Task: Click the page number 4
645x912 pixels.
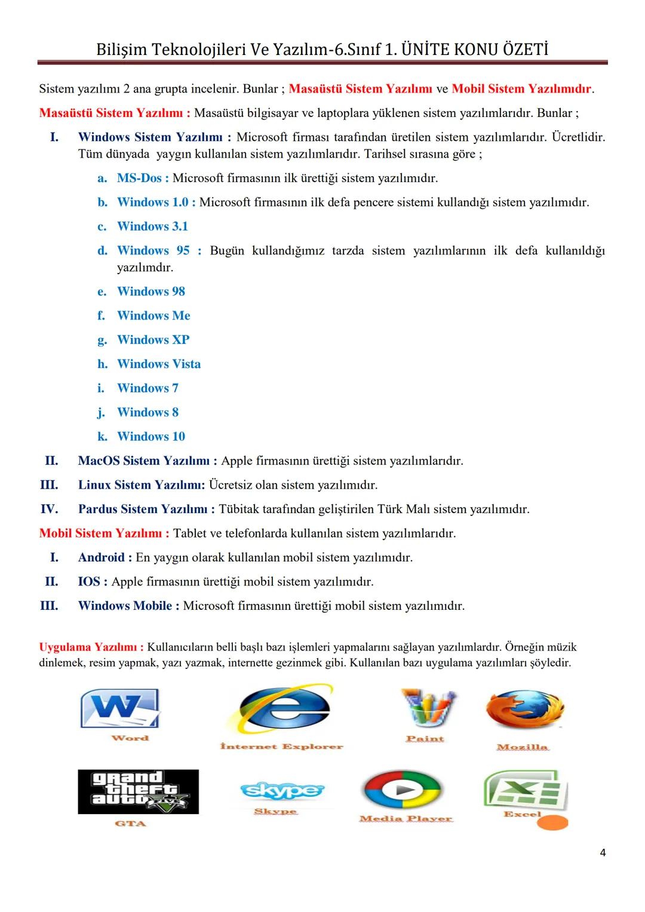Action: (602, 853)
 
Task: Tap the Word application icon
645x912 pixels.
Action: (120, 708)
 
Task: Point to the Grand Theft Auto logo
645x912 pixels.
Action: (138, 791)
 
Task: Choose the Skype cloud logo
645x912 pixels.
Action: (282, 791)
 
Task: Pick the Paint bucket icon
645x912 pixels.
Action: (427, 709)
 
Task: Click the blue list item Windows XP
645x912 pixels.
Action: (153, 340)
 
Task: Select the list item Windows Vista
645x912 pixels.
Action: (158, 364)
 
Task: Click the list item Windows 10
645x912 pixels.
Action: (150, 437)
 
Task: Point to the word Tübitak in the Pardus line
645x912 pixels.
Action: (238, 509)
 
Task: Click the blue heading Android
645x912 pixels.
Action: (101, 558)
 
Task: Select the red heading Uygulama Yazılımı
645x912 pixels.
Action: (90, 647)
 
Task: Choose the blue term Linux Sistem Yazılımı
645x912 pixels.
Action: (140, 485)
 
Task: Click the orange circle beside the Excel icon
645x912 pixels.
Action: (552, 822)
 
